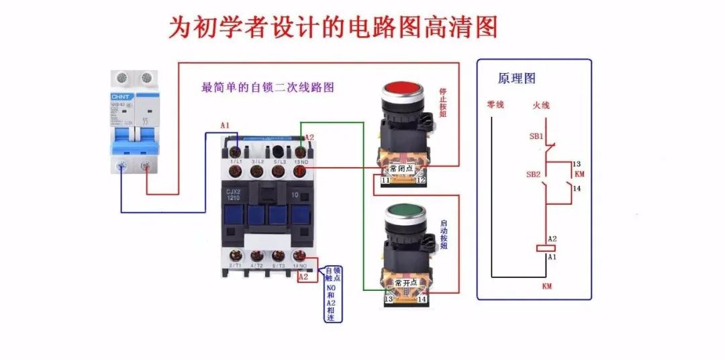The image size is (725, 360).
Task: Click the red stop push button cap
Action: pyautogui.click(x=401, y=89)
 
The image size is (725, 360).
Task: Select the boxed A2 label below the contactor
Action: pyautogui.click(x=303, y=277)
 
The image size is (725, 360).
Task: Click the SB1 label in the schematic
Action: pyautogui.click(x=536, y=136)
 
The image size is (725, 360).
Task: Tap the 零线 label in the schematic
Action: pyautogui.click(x=495, y=105)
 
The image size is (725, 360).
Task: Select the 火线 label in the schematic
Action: pyautogui.click(x=541, y=105)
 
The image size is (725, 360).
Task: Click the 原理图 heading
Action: pyautogui.click(x=516, y=79)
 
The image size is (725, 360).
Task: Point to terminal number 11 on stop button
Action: pyautogui.click(x=385, y=181)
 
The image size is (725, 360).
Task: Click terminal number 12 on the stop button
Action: pyautogui.click(x=420, y=181)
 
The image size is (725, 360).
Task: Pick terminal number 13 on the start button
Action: pyautogui.click(x=388, y=299)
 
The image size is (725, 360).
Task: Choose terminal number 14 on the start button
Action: pyautogui.click(x=422, y=299)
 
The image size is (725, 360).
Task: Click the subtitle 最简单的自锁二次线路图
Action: pyautogui.click(x=267, y=87)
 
